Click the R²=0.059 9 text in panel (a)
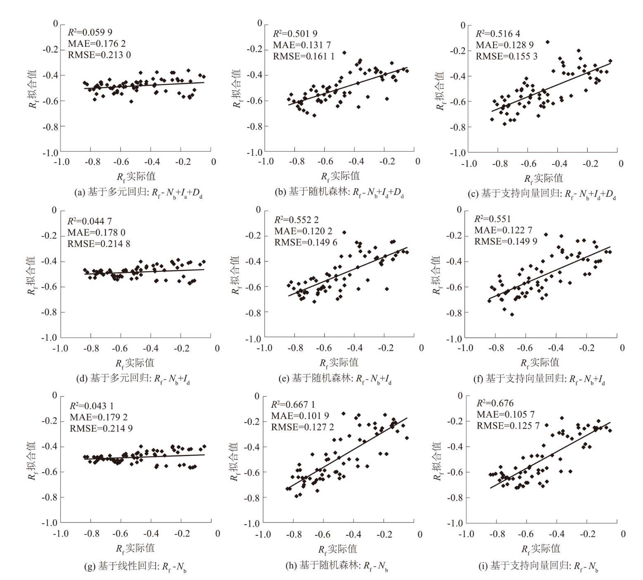click(x=90, y=32)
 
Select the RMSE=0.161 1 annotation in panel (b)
click(x=304, y=56)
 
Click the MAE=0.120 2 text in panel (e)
click(x=303, y=231)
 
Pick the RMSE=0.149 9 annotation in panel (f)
click(x=505, y=241)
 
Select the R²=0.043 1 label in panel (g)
click(x=91, y=406)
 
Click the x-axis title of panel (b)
click(x=340, y=176)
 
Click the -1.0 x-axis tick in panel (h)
click(x=263, y=535)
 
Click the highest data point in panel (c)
click(x=548, y=42)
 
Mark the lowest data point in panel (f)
click(x=512, y=314)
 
